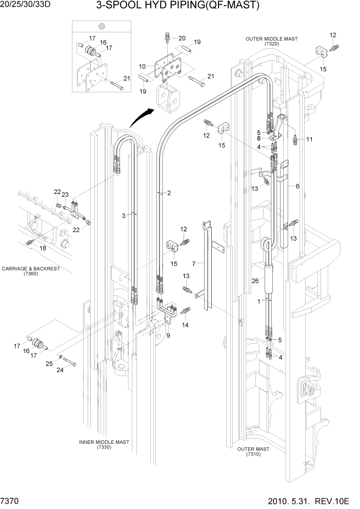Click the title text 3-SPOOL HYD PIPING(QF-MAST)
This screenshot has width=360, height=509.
coord(177,6)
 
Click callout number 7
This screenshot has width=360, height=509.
coord(194,264)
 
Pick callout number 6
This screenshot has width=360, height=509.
coord(297,186)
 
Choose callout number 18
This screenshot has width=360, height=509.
coord(43,248)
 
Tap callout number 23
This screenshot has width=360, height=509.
coord(65,194)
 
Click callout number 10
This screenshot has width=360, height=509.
coord(143,66)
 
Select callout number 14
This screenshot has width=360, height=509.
coord(185,325)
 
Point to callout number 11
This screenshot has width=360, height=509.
coord(309,139)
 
